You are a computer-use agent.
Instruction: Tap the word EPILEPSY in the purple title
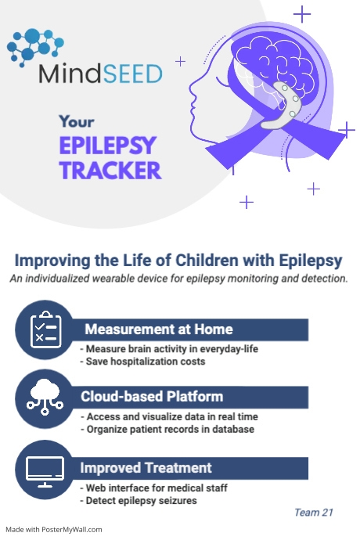point(109,146)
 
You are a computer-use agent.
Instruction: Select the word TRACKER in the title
point(110,170)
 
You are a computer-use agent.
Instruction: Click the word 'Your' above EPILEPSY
point(76,122)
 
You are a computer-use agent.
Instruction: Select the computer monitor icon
point(45,470)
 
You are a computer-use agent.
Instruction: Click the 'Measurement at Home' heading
point(158,329)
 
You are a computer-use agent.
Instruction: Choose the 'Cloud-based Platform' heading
point(152,396)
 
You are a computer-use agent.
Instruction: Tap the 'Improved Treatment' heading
point(146,468)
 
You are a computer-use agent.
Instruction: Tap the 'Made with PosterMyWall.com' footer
point(54,529)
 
